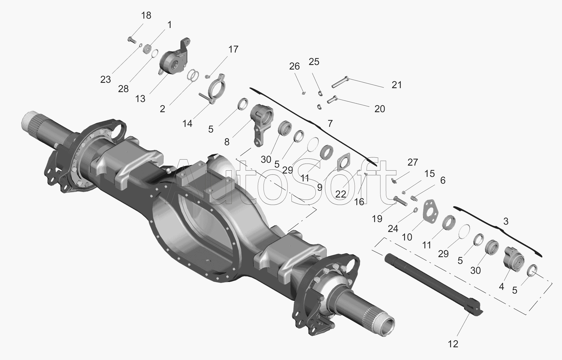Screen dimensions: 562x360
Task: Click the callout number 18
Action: pos(146,16)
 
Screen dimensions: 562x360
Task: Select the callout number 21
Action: pos(397,85)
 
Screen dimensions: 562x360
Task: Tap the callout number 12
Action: pos(453,344)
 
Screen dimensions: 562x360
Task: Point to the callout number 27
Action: pos(413,162)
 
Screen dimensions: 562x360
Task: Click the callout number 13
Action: pos(140,99)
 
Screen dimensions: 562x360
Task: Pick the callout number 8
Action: pos(227,142)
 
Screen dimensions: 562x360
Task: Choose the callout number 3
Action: pos(506,221)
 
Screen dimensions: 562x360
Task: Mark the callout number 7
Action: pos(330,123)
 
